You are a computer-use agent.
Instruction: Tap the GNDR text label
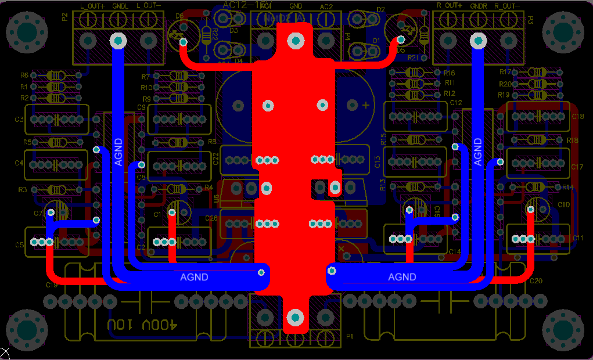479,5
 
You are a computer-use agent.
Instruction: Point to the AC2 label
326,6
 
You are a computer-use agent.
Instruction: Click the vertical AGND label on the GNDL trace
118,152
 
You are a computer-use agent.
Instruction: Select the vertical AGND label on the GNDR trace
478,152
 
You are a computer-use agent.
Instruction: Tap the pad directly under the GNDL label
118,41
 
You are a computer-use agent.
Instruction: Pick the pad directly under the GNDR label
478,41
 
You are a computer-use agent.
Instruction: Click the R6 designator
24,75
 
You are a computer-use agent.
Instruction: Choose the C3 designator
19,120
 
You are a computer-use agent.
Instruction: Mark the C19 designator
52,285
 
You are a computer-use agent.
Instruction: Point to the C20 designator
536,281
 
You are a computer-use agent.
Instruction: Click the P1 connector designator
350,336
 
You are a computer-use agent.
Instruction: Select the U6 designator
216,199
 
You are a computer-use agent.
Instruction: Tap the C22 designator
215,159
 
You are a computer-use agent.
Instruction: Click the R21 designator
413,58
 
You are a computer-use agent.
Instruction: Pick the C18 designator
578,117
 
